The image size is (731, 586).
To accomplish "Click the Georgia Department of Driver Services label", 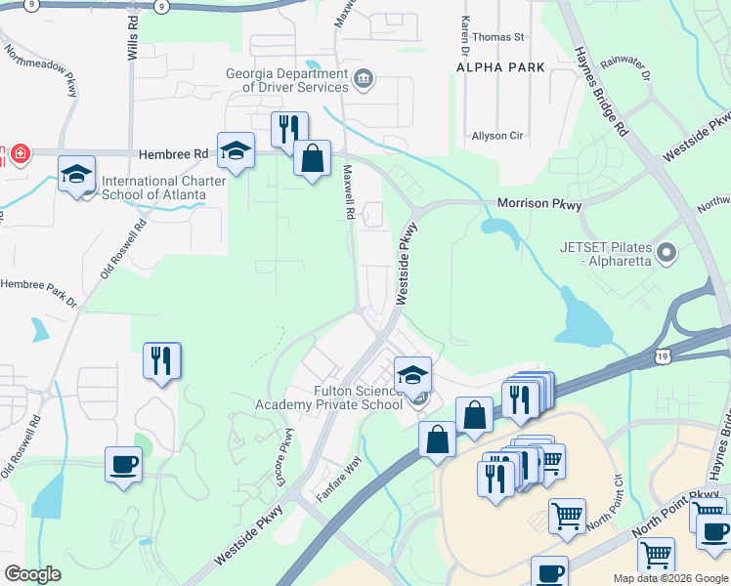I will pyautogui.click(x=287, y=80).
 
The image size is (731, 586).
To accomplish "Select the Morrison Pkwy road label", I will pyautogui.click(x=539, y=205).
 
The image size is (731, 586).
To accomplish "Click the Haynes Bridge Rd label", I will pyautogui.click(x=600, y=91).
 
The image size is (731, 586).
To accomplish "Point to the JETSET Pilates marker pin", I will pyautogui.click(x=667, y=254).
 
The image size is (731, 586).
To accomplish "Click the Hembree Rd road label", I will pyautogui.click(x=174, y=154).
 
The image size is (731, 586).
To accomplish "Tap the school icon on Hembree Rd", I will pyautogui.click(x=236, y=150).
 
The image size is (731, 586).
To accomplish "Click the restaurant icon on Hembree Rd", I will pyautogui.click(x=289, y=129).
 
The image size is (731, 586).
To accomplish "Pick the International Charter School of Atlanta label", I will pyautogui.click(x=153, y=188).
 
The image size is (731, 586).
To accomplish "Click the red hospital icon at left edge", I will pyautogui.click(x=18, y=154).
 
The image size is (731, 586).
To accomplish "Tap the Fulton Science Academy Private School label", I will pyautogui.click(x=328, y=398).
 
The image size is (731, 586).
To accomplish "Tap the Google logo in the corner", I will pyautogui.click(x=32, y=574).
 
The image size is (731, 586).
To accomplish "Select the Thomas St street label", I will pyautogui.click(x=505, y=37).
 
